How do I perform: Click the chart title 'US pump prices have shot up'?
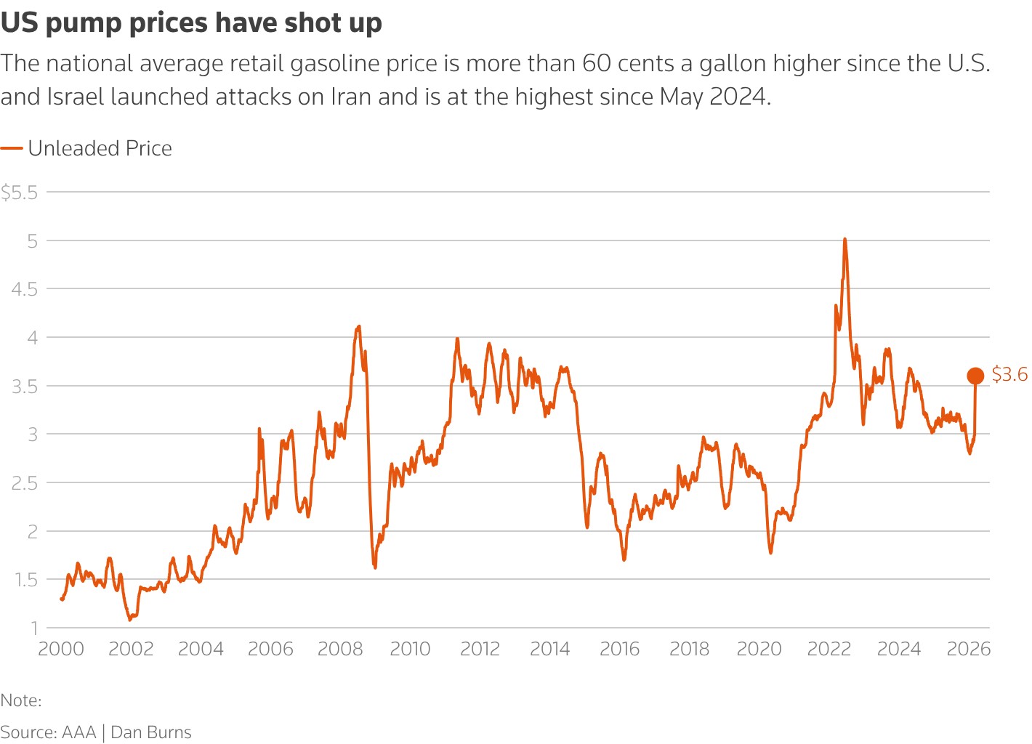coord(191,23)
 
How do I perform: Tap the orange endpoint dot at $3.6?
coord(975,375)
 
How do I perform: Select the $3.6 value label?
coord(1009,374)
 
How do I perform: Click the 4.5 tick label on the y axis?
coord(24,289)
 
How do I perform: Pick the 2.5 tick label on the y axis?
coord(24,483)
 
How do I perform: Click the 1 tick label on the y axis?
coord(32,628)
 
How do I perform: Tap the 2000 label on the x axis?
coord(61,649)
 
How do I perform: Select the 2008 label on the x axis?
coord(340,649)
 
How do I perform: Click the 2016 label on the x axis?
coord(619,649)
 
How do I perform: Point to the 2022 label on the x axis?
coord(829,649)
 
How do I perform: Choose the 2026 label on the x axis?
coord(968,649)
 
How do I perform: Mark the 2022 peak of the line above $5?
coord(844,239)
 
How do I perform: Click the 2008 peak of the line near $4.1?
coord(359,326)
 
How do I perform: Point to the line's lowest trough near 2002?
coord(130,620)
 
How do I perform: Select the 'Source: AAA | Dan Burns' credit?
coord(96,732)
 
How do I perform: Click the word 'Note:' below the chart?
coord(21,700)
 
